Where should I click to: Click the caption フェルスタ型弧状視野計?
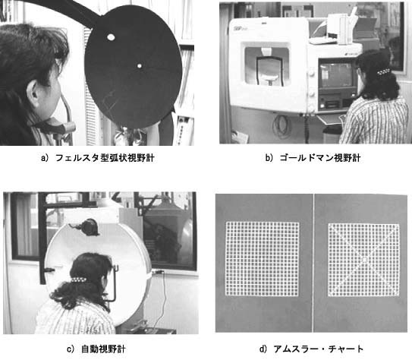[105, 158]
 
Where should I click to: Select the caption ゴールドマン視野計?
[319, 158]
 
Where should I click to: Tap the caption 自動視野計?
[103, 349]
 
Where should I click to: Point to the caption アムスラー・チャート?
[319, 349]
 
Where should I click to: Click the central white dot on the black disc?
[140, 66]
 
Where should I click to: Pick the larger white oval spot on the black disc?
[111, 37]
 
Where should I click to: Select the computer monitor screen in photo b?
[337, 74]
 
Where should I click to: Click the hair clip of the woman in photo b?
[384, 71]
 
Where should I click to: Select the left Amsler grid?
[263, 259]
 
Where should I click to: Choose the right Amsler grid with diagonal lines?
[363, 260]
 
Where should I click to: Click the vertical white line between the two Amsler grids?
[313, 263]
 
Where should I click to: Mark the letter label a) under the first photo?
[45, 158]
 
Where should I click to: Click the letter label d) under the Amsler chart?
[263, 349]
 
